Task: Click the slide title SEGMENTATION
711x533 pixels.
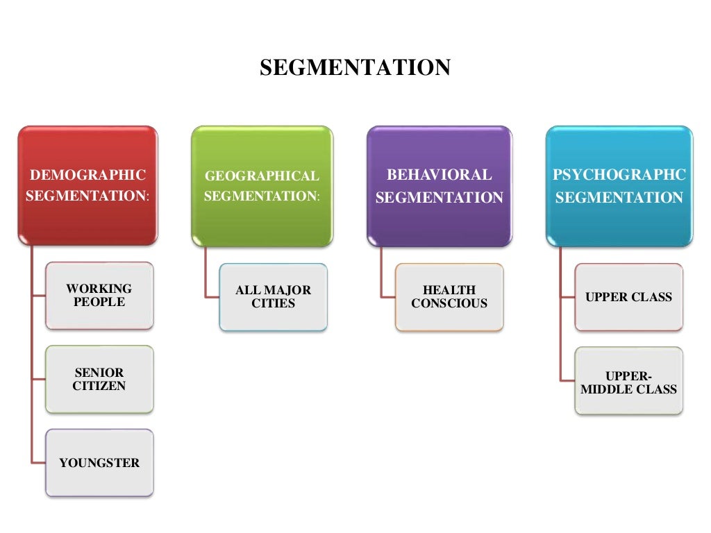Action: [x=355, y=68]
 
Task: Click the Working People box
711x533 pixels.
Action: [x=99, y=296]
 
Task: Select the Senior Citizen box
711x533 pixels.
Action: [x=99, y=380]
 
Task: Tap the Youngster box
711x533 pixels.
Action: [x=99, y=463]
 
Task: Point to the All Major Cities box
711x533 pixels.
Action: [x=273, y=297]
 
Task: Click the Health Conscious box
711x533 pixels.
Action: [x=449, y=297]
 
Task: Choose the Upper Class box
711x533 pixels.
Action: [x=628, y=297]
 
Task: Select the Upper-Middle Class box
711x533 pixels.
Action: [x=628, y=382]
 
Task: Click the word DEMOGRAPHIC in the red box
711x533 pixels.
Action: [x=87, y=175]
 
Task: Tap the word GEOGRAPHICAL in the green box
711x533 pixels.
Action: [x=262, y=176]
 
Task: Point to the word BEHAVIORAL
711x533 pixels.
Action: [x=439, y=175]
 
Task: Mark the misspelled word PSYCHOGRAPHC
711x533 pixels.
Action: [x=619, y=175]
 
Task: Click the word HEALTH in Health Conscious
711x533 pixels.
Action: [x=449, y=290]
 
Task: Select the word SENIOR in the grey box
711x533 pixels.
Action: [x=99, y=373]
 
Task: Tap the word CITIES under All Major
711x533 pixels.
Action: [x=273, y=303]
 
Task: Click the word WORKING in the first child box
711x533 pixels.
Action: [x=99, y=289]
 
